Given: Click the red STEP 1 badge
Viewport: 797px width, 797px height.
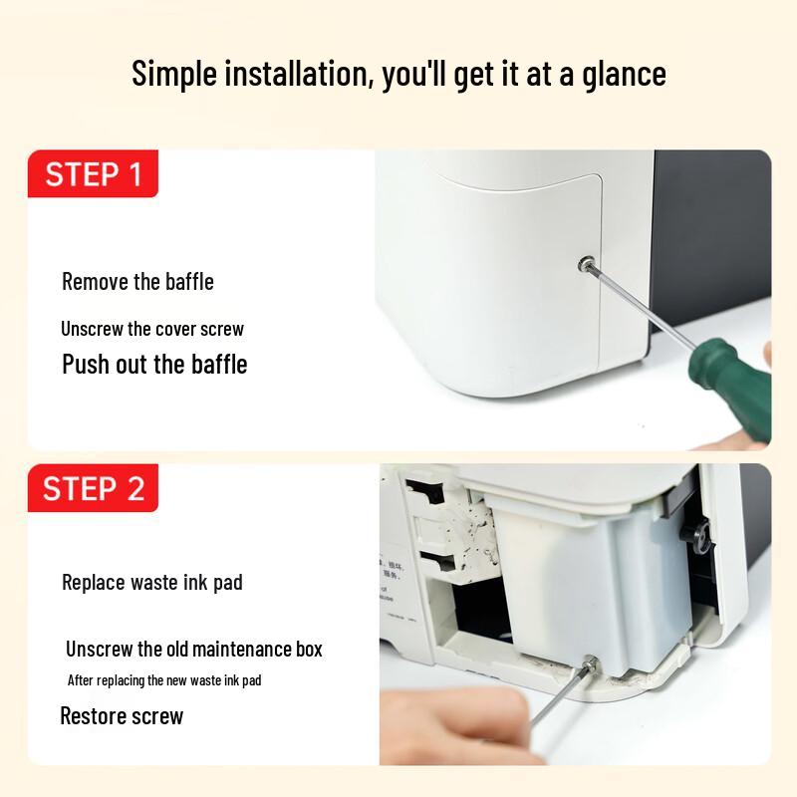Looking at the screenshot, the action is pyautogui.click(x=93, y=173).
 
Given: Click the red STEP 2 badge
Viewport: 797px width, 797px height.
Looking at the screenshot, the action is pyautogui.click(x=93, y=487).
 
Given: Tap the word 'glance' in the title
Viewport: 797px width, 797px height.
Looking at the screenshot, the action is pyautogui.click(x=624, y=74).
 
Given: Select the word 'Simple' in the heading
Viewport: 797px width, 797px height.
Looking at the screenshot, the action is pyautogui.click(x=174, y=74).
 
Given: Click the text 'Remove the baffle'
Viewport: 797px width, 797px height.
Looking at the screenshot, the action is pyautogui.click(x=137, y=282).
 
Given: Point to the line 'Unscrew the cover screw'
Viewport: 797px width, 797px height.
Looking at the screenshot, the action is pyautogui.click(x=152, y=329).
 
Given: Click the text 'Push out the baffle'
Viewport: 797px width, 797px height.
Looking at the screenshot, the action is pyautogui.click(x=154, y=364).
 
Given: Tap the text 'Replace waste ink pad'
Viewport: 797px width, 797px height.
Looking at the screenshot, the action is pyautogui.click(x=152, y=583).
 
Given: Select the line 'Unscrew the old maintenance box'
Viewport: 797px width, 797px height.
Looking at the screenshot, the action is pyautogui.click(x=194, y=650).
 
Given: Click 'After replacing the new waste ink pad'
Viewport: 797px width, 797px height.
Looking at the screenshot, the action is pyautogui.click(x=164, y=680).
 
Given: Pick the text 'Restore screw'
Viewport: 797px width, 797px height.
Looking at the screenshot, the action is pyautogui.click(x=122, y=715).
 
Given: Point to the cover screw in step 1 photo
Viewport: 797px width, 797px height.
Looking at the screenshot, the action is pyautogui.click(x=587, y=263).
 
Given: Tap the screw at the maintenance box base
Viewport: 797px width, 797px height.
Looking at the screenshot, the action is pyautogui.click(x=590, y=663).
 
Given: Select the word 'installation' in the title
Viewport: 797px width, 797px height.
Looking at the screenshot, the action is pyautogui.click(x=296, y=73).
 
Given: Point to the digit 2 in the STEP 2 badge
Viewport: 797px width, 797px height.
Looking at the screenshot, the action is pyautogui.click(x=135, y=488).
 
